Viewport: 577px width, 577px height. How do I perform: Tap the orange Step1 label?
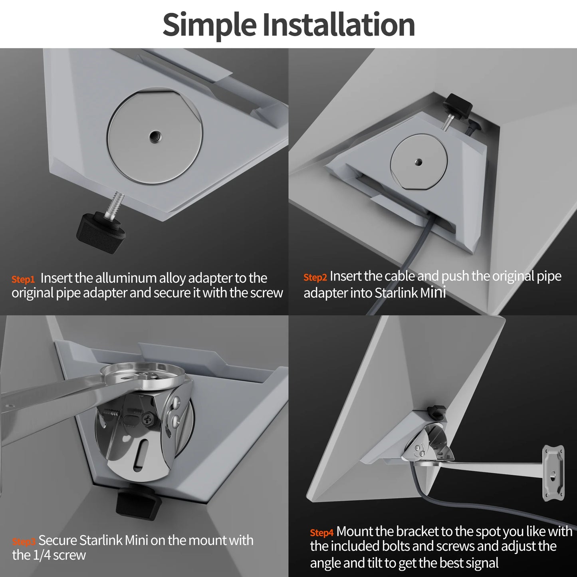pyautogui.click(x=23, y=280)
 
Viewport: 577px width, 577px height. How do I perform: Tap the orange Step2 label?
pyautogui.click(x=315, y=277)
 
